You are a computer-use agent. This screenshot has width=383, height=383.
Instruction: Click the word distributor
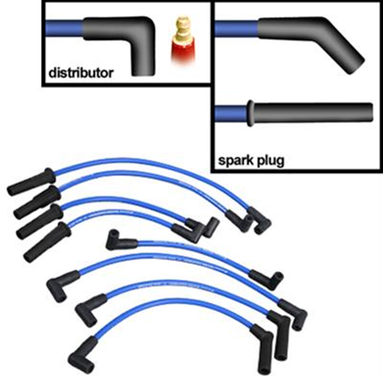[80, 74]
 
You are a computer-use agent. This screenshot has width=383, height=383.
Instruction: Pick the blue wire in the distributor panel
[64, 28]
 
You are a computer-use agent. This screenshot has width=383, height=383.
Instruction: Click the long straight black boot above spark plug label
[313, 113]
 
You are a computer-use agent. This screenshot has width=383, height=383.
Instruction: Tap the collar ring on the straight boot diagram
[250, 113]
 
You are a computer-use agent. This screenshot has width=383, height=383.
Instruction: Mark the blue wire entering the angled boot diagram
[237, 28]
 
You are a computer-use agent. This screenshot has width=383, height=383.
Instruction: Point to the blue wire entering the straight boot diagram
[231, 113]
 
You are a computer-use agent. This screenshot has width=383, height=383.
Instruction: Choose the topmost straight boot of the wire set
[31, 182]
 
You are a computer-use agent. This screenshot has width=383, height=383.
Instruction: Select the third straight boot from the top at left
[40, 221]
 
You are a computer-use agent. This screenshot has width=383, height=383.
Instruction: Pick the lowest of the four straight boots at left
[47, 241]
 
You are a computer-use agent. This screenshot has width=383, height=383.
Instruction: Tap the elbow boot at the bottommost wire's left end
[83, 354]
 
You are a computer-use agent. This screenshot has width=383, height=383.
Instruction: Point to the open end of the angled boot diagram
[356, 66]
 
